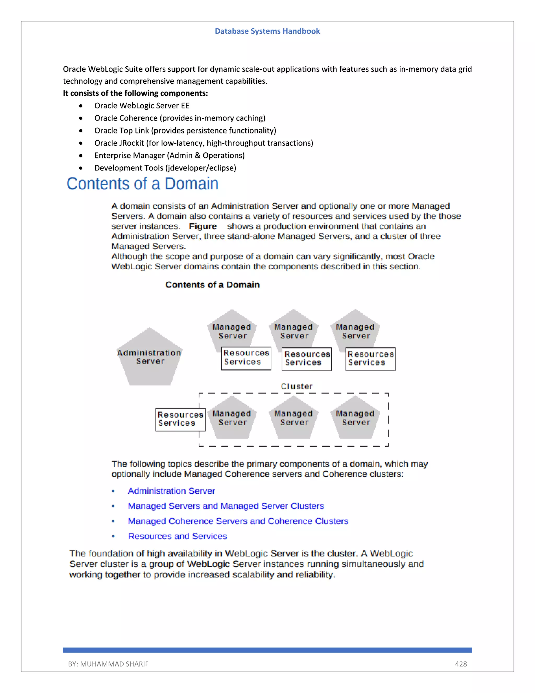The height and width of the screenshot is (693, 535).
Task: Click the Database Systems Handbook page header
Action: coord(267,31)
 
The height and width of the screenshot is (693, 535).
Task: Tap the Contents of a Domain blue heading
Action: coord(142,184)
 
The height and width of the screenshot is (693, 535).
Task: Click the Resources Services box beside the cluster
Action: coord(180,419)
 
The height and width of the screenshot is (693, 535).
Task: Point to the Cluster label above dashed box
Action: coord(297,386)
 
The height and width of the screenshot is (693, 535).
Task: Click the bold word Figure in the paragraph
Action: coord(202,226)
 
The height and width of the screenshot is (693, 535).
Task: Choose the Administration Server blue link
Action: coord(171,491)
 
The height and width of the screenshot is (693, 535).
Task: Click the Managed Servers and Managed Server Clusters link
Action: coord(226,506)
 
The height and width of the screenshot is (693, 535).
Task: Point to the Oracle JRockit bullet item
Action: coord(203,143)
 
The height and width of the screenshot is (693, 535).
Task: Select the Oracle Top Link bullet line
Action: coord(185,131)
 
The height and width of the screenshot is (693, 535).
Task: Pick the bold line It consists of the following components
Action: coord(135,93)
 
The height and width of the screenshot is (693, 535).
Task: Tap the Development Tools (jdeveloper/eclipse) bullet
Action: coord(165,168)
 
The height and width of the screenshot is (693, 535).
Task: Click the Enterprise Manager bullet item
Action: coord(169,156)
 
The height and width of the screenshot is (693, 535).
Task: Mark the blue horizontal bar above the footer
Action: coord(267,650)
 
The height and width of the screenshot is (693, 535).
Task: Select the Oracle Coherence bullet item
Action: coord(180,118)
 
